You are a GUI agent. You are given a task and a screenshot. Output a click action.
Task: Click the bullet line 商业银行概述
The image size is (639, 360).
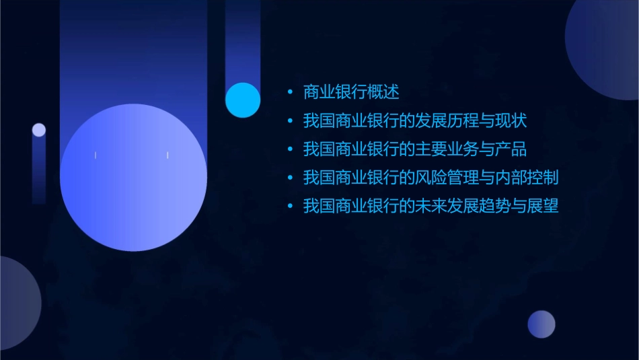351,92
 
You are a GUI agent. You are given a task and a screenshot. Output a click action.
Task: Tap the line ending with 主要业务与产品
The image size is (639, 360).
415,149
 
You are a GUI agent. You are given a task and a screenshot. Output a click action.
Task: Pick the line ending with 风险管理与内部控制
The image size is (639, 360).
430,178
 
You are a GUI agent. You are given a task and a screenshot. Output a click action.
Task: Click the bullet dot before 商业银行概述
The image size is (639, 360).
289,92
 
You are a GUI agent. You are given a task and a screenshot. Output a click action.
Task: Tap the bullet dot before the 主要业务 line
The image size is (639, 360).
289,149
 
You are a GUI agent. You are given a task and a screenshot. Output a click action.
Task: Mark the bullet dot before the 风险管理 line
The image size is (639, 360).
289,178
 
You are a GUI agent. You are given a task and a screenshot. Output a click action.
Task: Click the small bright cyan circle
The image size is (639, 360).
243,100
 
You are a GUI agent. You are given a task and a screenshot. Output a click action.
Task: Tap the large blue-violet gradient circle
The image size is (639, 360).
133,178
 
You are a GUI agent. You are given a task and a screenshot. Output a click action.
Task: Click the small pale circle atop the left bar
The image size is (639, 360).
39,130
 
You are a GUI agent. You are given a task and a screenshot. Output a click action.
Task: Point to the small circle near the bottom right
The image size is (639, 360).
541,324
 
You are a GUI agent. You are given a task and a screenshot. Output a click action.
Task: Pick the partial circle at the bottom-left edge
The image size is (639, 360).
17,303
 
